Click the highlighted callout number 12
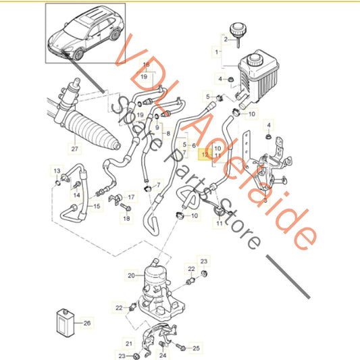(205, 155)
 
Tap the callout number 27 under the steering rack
(74, 149)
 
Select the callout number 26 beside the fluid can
(87, 323)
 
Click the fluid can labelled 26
(66, 323)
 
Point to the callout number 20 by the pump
(131, 276)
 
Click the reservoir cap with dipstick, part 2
(238, 33)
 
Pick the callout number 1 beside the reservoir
(217, 52)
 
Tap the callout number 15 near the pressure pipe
(97, 206)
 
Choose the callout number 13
(57, 171)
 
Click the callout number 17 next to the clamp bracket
(131, 197)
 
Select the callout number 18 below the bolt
(126, 218)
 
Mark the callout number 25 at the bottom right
(196, 349)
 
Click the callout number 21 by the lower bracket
(129, 344)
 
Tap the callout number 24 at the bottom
(163, 355)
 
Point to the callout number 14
(77, 195)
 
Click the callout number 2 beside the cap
(226, 39)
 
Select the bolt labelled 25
(181, 347)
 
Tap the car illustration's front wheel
(78, 55)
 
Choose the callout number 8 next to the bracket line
(168, 133)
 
